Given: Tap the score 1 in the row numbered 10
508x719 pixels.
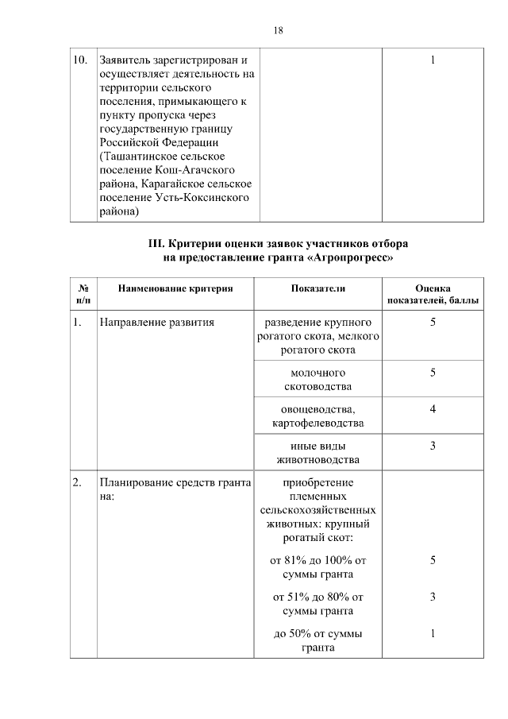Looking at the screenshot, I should pyautogui.click(x=433, y=60).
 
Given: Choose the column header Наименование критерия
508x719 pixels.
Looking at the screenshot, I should pyautogui.click(x=175, y=288).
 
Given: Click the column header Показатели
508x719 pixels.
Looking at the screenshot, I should pyautogui.click(x=317, y=288).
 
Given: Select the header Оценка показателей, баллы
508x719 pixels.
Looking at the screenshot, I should pyautogui.click(x=433, y=294).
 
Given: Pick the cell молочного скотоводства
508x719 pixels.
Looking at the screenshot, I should pyautogui.click(x=317, y=379).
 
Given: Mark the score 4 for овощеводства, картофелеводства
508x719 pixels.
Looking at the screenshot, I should pyautogui.click(x=433, y=408).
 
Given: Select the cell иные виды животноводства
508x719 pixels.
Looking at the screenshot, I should pyautogui.click(x=317, y=452).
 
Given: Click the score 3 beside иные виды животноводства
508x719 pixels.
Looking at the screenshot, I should pyautogui.click(x=433, y=445).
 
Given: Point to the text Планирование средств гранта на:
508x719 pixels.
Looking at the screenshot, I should pyautogui.click(x=175, y=489).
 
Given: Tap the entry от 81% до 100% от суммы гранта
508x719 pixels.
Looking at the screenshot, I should pyautogui.click(x=317, y=567).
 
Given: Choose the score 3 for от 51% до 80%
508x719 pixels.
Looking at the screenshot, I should pyautogui.click(x=433, y=597).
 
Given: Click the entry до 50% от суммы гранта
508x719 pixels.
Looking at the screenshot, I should pyautogui.click(x=317, y=640).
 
